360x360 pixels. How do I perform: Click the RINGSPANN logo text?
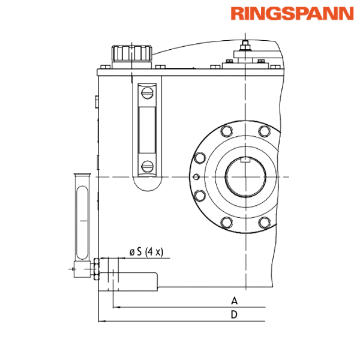(292, 13)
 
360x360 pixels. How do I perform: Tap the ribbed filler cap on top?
(131, 52)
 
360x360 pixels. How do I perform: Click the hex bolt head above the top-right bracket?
(245, 43)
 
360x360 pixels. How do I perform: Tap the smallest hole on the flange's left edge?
(196, 176)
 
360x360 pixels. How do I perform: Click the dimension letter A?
(235, 299)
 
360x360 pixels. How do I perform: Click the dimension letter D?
(235, 314)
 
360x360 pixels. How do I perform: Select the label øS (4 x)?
(146, 251)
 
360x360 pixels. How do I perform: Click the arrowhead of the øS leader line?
(118, 258)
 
